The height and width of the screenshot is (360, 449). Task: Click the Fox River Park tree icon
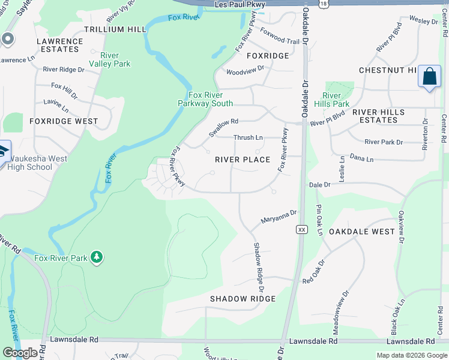96,257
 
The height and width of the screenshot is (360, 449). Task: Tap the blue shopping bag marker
429,77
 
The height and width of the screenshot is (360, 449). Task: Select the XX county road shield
302,229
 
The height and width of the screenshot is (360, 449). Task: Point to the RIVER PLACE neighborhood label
243,160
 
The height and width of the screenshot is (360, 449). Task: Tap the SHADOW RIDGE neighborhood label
243,299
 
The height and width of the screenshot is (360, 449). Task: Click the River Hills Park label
336,100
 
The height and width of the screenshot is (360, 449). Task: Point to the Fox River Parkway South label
205,99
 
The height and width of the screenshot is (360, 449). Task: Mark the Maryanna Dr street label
279,217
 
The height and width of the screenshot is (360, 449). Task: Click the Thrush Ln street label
248,137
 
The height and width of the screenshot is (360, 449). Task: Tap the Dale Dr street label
319,185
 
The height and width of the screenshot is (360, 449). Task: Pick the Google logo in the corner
20,353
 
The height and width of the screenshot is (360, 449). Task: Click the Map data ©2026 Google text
411,355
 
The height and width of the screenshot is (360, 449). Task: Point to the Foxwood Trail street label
280,41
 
